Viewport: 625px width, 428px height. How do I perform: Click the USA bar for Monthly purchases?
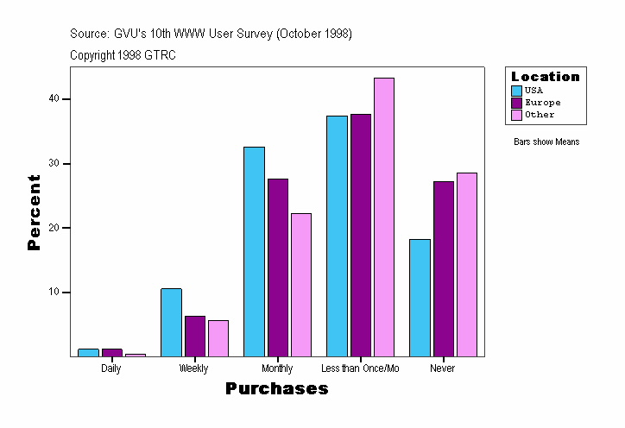254,251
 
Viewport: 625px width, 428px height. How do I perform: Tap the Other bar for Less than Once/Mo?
383,217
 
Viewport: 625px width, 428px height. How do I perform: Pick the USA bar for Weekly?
171,322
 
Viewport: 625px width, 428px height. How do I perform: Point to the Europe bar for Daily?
111,352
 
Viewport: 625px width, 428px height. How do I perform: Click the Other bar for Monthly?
300,284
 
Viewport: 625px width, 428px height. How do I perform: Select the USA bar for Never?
420,297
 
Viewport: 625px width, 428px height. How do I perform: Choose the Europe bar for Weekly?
194,336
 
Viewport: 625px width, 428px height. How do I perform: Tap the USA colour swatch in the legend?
516,90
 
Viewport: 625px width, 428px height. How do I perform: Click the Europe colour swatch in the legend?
516,103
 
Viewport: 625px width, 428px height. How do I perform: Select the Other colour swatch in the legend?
516,115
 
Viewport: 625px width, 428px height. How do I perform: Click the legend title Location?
546,77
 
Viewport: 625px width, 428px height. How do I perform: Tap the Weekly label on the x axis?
193,368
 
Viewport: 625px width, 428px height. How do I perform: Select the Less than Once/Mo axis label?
360,368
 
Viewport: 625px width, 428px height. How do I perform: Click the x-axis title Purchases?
277,389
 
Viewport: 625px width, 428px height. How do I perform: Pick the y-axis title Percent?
35,212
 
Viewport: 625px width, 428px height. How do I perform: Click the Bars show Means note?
546,142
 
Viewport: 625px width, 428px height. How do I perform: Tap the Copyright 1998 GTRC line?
123,54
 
